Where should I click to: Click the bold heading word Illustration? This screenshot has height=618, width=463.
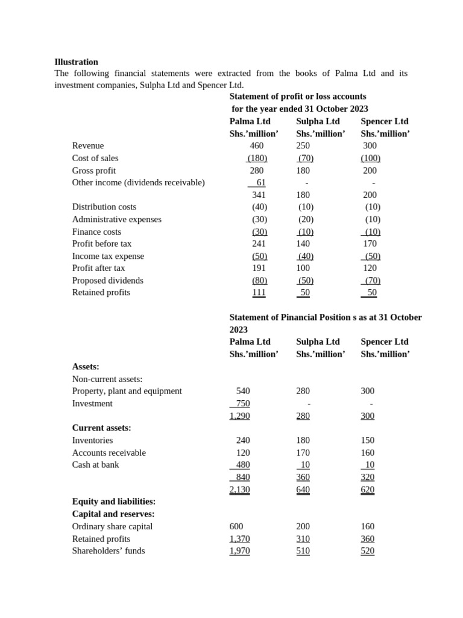(76, 62)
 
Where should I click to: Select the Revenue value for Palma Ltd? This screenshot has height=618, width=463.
(256, 145)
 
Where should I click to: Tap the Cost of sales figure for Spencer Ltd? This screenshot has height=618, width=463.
(370, 158)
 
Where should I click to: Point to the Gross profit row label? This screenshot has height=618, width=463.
(93, 170)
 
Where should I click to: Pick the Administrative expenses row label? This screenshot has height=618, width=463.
(116, 219)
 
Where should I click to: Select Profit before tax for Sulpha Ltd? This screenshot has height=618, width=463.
(303, 244)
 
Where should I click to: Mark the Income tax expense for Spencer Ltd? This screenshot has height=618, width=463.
(372, 256)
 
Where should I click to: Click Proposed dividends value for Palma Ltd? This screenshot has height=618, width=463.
(259, 280)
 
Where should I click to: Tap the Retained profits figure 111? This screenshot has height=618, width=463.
(259, 292)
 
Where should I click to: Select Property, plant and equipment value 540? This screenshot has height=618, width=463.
(243, 390)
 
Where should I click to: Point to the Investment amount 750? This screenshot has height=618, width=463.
(242, 403)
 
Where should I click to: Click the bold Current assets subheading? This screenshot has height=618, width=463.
(101, 427)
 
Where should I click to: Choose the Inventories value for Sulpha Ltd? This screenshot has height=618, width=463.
(303, 440)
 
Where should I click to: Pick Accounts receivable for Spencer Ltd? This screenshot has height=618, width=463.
(367, 453)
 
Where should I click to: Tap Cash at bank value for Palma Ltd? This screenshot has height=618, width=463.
(242, 465)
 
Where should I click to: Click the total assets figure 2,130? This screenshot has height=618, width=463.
(239, 489)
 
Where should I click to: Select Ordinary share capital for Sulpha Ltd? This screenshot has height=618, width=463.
(303, 526)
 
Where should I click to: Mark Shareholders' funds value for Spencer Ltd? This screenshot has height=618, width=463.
(367, 550)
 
